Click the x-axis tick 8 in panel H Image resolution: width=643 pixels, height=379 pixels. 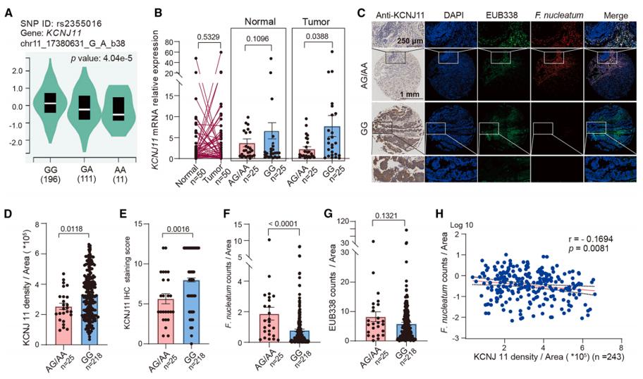coord(620,347)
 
